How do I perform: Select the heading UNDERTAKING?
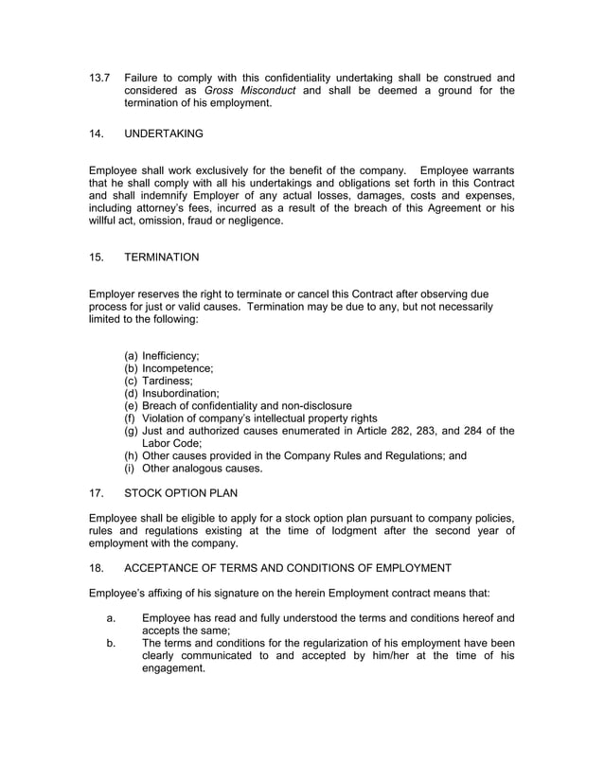(x=164, y=134)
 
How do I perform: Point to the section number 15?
(x=96, y=257)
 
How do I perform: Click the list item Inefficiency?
(x=170, y=355)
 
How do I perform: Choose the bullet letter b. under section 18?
(x=111, y=643)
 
